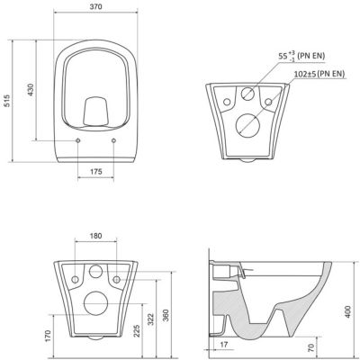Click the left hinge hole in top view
[x=79, y=141]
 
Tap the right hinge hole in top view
[x=115, y=141]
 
